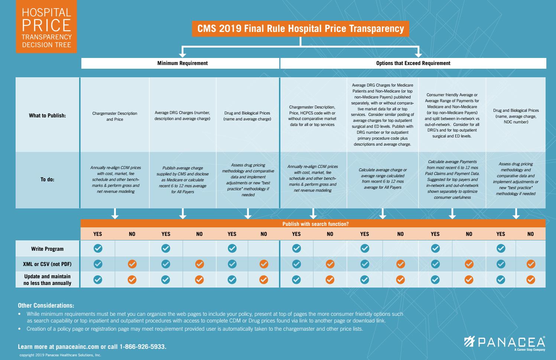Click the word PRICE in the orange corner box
pyautogui.click(x=46, y=25)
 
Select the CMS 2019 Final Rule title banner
pyautogui.click(x=300, y=29)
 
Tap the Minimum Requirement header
pyautogui.click(x=182, y=63)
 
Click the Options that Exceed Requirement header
pyautogui.click(x=413, y=63)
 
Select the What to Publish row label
pyautogui.click(x=47, y=116)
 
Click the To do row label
pyautogui.click(x=47, y=179)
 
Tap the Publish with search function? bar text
pyautogui.click(x=315, y=224)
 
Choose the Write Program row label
pyautogui.click(x=47, y=249)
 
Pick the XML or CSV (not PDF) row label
pyautogui.click(x=47, y=264)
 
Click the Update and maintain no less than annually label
pyautogui.click(x=47, y=280)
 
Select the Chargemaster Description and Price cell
pyautogui.click(x=115, y=116)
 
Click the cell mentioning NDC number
pyautogui.click(x=516, y=116)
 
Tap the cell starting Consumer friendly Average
pyautogui.click(x=452, y=116)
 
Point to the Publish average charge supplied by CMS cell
pyautogui.click(x=182, y=180)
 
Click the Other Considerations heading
pyautogui.click(x=46, y=305)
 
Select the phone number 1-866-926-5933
pyautogui.click(x=143, y=347)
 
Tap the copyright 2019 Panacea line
pyautogui.click(x=60, y=355)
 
